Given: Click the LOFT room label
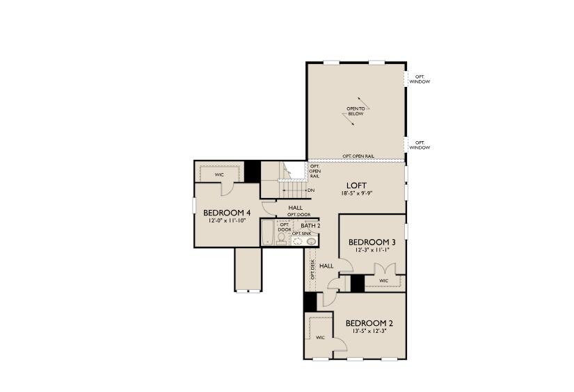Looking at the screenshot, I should point(357,186).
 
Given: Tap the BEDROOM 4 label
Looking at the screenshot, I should point(227,213).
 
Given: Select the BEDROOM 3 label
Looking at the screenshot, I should point(372,242).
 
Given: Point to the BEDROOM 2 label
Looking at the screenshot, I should point(369,323).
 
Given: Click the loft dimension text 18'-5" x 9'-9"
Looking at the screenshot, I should point(357,195).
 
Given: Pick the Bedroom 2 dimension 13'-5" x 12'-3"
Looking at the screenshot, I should point(369,332).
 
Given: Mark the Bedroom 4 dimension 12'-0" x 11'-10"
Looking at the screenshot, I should point(227,221).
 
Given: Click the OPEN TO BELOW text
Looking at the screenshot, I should point(356,111).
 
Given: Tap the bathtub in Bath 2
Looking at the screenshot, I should point(267,232).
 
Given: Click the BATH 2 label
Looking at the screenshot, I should point(310,226).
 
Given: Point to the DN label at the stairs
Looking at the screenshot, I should point(310,190).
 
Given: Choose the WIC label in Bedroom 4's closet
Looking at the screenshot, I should point(219,174).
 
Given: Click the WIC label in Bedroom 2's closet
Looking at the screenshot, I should point(320,338).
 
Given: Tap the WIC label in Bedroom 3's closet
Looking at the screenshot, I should point(383,281).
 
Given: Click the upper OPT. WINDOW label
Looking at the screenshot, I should point(420,79).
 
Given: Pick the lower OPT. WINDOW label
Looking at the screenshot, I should point(420,145).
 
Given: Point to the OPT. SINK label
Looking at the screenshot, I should point(302,234).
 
